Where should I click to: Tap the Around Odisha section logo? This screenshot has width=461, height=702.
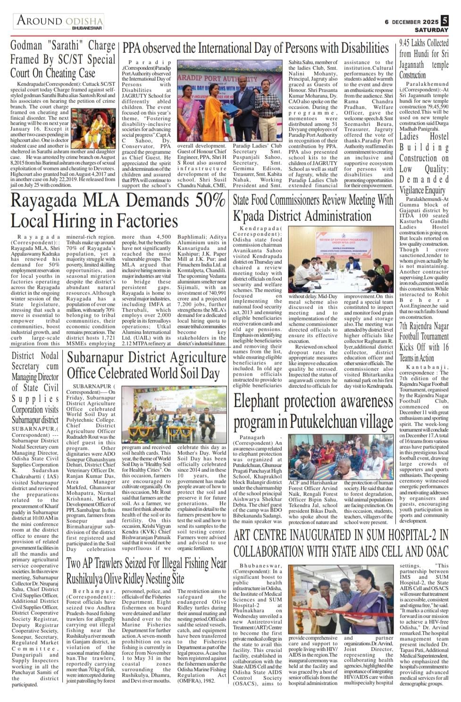coord(60,21)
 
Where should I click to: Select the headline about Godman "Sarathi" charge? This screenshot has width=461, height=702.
coord(63,59)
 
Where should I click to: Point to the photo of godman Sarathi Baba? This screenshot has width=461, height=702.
coord(93,128)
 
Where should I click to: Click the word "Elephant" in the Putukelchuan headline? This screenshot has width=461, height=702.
coord(262,401)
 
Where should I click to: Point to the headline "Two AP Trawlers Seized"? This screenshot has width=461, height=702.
coord(146,570)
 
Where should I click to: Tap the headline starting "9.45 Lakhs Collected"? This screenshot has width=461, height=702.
coord(424,58)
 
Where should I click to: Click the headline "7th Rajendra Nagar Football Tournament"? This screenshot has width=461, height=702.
coord(424,342)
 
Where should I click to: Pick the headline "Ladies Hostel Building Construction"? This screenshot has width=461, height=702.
coord(424,163)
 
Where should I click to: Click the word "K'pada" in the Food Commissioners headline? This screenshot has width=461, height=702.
coord(250,216)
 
